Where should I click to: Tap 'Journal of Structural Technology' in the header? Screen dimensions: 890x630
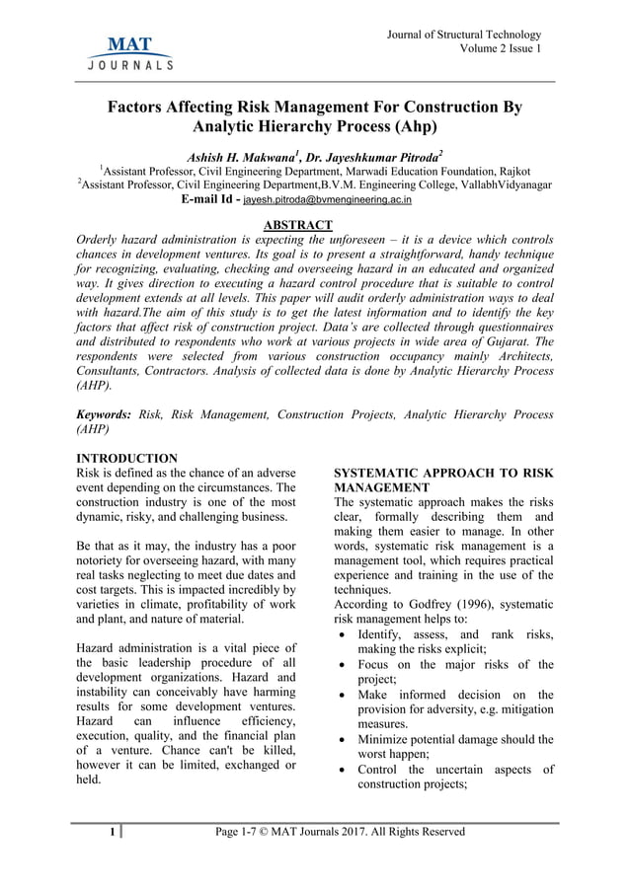pyautogui.click(x=465, y=36)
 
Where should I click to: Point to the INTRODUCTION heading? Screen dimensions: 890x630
pyautogui.click(x=127, y=458)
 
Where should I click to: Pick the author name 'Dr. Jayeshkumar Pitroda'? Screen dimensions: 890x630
pyautogui.click(x=376, y=156)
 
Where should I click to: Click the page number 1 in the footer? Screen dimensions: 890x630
pyautogui.click(x=114, y=832)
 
